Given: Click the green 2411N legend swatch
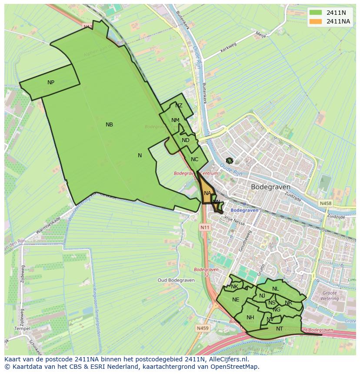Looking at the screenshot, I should [316, 13].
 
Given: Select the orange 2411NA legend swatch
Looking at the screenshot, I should [316, 21].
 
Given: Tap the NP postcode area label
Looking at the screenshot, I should [51, 83].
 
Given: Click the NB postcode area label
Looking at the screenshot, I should [109, 125].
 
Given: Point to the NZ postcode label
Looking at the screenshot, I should [179, 106].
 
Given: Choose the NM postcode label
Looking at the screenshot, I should [175, 120].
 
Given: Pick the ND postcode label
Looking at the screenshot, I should [186, 140].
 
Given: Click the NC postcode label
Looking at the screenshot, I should [194, 159].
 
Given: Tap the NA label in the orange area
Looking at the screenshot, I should [207, 193].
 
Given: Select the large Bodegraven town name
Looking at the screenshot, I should [270, 187].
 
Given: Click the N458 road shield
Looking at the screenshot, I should [325, 203].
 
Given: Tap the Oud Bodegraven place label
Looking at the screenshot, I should [175, 280].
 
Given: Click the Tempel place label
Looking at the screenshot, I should [22, 329].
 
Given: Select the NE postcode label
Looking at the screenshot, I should [236, 300].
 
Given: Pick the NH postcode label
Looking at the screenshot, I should [250, 318].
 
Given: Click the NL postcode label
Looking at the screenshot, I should [275, 289].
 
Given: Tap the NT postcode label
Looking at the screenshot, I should [279, 329].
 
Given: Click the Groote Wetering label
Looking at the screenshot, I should [329, 296].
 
